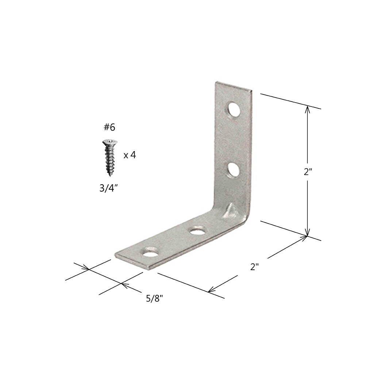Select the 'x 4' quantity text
coord(130,155)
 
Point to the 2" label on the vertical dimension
coord(308,172)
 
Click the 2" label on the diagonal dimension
coord(254,266)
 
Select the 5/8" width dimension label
coord(154,298)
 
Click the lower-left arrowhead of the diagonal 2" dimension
coord(211,291)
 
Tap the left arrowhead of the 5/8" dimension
coord(87,269)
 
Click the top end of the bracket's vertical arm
coord(233,86)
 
